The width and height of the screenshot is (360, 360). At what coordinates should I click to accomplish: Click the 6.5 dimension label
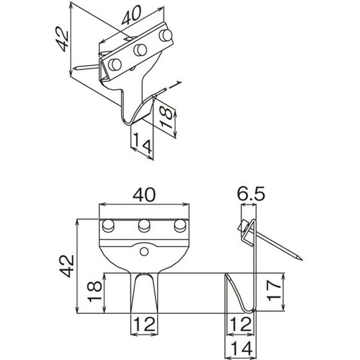(x=251, y=193)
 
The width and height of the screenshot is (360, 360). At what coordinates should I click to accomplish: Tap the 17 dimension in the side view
(x=274, y=290)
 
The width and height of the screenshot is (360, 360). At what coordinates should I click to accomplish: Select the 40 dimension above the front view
(x=144, y=195)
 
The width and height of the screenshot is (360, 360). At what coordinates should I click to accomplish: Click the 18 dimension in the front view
(x=94, y=292)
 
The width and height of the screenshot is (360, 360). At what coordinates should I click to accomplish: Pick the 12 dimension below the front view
(x=144, y=324)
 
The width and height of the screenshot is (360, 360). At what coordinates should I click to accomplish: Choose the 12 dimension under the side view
(x=240, y=324)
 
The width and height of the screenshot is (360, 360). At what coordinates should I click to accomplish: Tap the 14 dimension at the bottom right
(x=241, y=348)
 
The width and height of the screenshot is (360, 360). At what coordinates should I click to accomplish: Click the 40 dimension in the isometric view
(x=131, y=16)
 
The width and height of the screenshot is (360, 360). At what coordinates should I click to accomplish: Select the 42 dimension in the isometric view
(x=62, y=39)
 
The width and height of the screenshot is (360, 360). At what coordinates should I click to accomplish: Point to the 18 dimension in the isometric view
(x=166, y=118)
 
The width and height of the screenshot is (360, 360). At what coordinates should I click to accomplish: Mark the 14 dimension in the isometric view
(x=142, y=143)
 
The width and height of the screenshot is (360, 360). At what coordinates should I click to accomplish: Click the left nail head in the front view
(x=108, y=226)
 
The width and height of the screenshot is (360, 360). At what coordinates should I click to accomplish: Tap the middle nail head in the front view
(x=144, y=226)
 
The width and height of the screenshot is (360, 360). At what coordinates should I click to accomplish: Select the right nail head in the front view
(x=180, y=226)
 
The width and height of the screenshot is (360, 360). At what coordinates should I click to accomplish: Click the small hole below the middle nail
(x=144, y=251)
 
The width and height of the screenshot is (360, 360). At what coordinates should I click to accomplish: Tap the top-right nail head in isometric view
(x=166, y=35)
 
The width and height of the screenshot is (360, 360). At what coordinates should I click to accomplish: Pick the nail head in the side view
(x=242, y=226)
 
